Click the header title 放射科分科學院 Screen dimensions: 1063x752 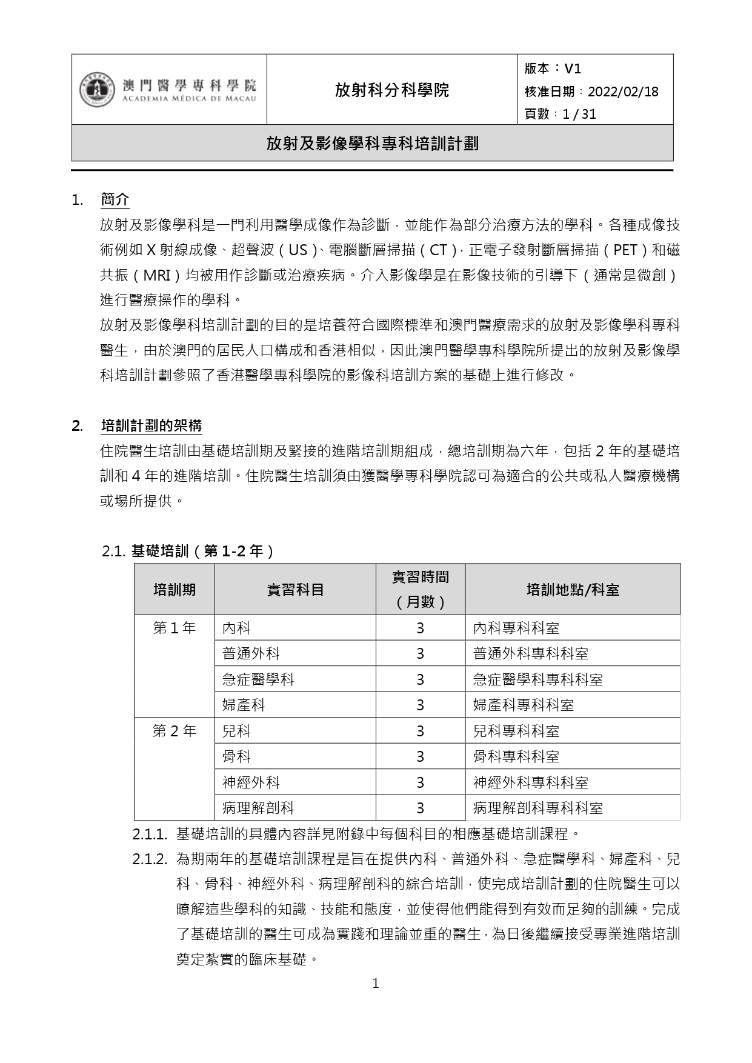[x=391, y=90]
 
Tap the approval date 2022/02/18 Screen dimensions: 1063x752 [x=623, y=92]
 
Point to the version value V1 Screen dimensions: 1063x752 [x=573, y=68]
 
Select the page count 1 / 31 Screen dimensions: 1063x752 [x=579, y=114]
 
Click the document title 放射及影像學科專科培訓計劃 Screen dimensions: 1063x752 [x=372, y=143]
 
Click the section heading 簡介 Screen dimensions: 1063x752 [x=115, y=199]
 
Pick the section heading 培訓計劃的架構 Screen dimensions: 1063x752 [x=151, y=425]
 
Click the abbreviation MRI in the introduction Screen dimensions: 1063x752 [x=156, y=275]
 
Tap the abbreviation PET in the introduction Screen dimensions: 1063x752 [x=625, y=250]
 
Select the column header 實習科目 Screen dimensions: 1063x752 [x=295, y=589]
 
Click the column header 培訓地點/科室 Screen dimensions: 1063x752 [x=573, y=589]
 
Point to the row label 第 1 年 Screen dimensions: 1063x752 [x=175, y=628]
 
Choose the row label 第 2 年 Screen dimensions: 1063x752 [x=175, y=731]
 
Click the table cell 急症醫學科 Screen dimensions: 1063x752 [x=258, y=679]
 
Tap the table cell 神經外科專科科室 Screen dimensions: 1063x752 [x=531, y=782]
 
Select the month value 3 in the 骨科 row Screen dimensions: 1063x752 [x=420, y=757]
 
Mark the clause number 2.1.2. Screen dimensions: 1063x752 [x=149, y=859]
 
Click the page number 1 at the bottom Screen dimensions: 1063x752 [x=376, y=984]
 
